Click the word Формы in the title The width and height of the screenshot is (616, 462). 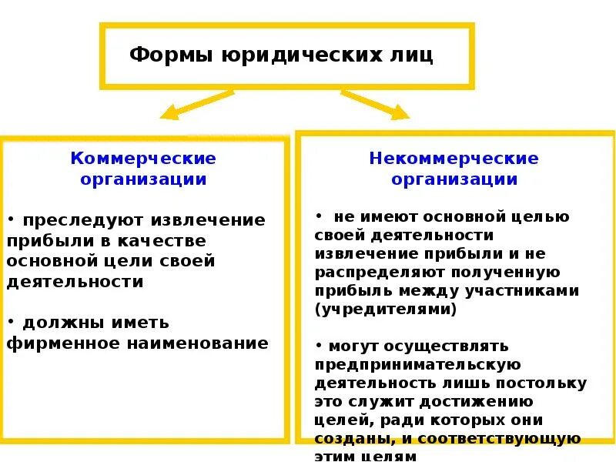(162, 55)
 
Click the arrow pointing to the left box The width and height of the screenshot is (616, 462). (196, 104)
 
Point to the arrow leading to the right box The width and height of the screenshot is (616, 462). (375, 104)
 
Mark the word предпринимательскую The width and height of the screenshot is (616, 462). (419, 365)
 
